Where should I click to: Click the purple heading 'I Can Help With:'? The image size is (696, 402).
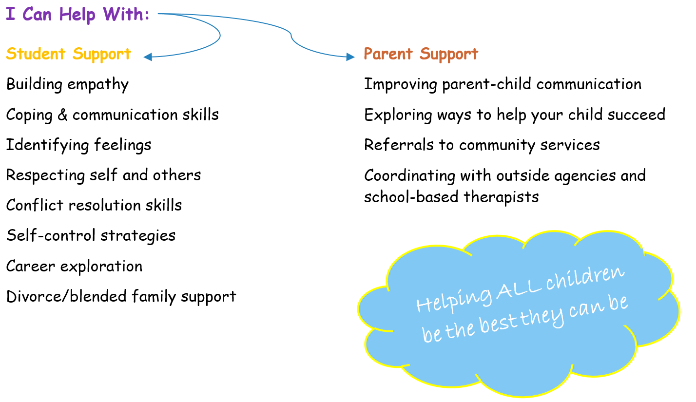[x=77, y=14]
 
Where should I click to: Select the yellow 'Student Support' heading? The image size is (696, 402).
[x=69, y=54]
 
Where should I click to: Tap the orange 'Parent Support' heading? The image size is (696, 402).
[x=421, y=54]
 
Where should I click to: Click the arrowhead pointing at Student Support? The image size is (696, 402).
[x=148, y=57]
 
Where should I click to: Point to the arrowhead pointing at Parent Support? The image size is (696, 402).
[x=350, y=57]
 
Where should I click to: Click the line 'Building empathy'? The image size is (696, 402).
[x=67, y=84]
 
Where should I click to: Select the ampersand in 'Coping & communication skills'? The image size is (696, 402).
[x=62, y=115]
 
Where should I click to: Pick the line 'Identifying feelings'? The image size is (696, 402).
[x=78, y=145]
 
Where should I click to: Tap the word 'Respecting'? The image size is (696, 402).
[x=45, y=175]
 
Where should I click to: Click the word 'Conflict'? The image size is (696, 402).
[x=35, y=205]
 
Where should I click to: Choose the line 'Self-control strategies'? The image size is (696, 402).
[x=91, y=236]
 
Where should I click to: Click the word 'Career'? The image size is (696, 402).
[x=30, y=266]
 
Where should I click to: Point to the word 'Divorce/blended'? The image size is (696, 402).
[x=66, y=296]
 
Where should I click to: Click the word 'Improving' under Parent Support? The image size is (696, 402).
[x=401, y=84]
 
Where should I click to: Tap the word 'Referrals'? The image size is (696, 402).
[x=399, y=145]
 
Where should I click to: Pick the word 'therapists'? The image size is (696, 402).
[x=501, y=197]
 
